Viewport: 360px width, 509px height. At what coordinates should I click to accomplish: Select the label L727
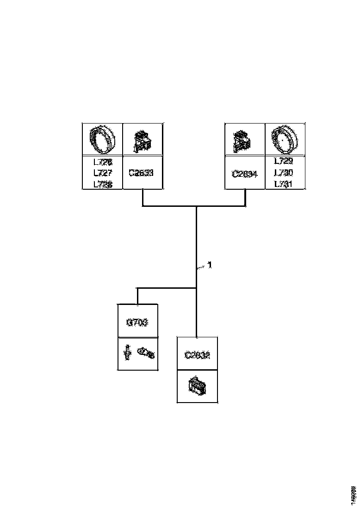[102, 173]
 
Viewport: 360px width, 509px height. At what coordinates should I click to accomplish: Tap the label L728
[102, 184]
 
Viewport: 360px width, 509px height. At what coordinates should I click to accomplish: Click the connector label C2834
[244, 174]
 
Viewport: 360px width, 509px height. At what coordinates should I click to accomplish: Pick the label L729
[283, 161]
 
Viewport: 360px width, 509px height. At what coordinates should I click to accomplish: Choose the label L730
[283, 173]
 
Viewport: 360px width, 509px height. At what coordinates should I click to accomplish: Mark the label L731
[283, 184]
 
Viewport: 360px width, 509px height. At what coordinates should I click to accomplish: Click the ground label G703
[137, 322]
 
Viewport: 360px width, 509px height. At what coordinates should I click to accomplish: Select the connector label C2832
[197, 355]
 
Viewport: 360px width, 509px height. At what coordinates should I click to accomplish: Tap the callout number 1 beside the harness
[209, 265]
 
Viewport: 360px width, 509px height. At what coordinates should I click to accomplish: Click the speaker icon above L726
[102, 139]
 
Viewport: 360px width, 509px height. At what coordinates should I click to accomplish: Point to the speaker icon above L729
[284, 139]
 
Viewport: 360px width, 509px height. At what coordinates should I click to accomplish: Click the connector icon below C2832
[198, 386]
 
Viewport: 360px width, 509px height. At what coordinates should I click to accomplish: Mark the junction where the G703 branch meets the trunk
[197, 288]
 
